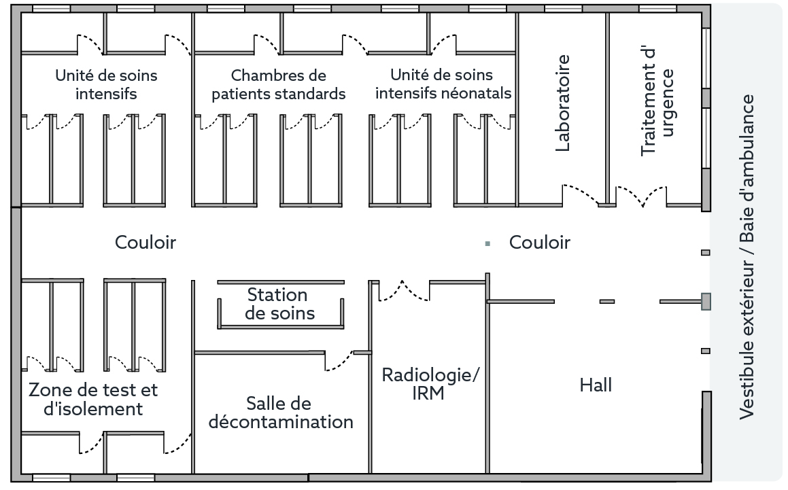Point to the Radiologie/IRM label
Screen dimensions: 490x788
click(x=428, y=384)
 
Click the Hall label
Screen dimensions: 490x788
click(x=596, y=385)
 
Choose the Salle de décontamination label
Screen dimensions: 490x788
click(x=281, y=413)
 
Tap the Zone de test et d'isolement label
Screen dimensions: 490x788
click(x=92, y=399)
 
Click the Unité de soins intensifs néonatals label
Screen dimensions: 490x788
click(x=443, y=84)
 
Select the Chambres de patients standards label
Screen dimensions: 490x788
click(x=279, y=84)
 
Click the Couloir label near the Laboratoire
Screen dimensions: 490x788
click(x=540, y=243)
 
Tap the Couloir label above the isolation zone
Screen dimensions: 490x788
click(x=145, y=242)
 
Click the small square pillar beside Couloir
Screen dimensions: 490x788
click(x=487, y=243)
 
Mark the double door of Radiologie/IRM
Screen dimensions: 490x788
click(x=404, y=290)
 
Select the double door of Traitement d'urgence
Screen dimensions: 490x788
click(x=641, y=196)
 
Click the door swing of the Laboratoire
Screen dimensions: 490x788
click(x=581, y=194)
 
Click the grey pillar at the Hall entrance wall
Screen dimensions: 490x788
click(x=706, y=300)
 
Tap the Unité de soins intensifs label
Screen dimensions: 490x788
click(x=106, y=84)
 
